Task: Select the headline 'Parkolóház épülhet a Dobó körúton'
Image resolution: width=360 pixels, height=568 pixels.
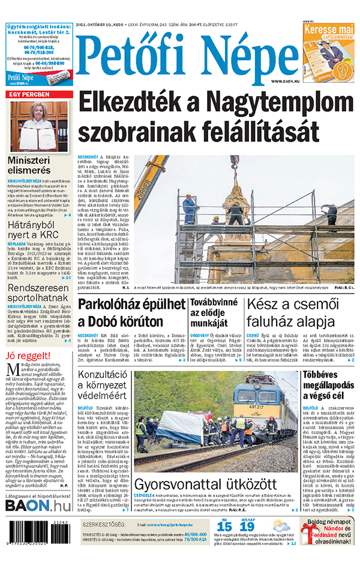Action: click(130, 312)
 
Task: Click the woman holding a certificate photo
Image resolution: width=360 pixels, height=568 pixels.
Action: click(39, 126)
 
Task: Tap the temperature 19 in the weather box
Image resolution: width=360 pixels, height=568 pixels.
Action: click(247, 527)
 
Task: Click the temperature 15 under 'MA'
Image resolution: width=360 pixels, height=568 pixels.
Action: click(224, 527)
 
